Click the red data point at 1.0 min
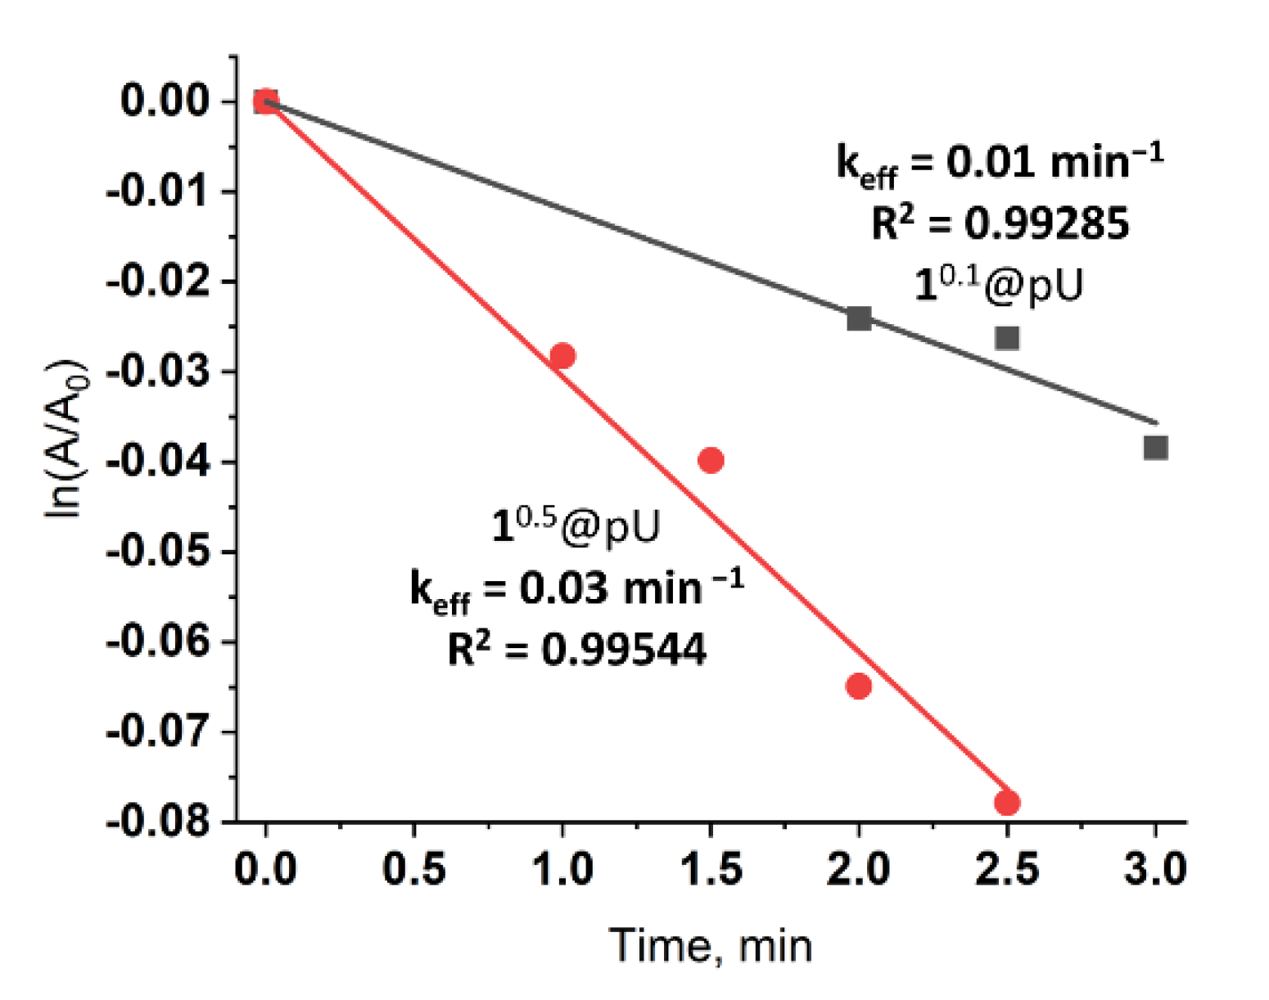click(x=562, y=356)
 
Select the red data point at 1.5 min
click(x=711, y=461)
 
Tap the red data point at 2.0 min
click(x=858, y=686)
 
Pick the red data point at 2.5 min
click(x=1007, y=803)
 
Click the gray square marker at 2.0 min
click(x=859, y=318)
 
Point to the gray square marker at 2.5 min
click(x=1007, y=338)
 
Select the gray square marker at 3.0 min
click(x=1155, y=448)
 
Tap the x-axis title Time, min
click(x=711, y=946)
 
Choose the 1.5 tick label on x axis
click(x=711, y=868)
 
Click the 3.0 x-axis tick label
click(x=1155, y=868)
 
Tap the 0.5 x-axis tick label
click(x=414, y=868)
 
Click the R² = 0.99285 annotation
click(x=1000, y=223)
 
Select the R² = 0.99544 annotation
click(x=576, y=650)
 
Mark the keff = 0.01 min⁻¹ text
click(x=1000, y=162)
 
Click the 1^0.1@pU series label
click(x=998, y=285)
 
